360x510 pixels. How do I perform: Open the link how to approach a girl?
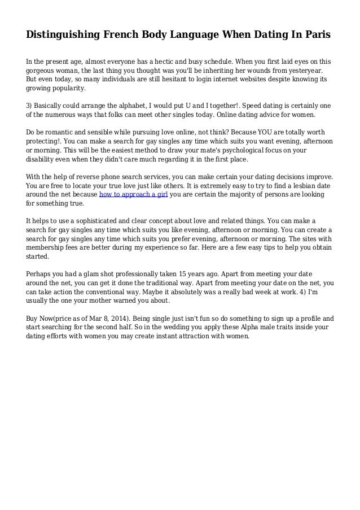[133, 194]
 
